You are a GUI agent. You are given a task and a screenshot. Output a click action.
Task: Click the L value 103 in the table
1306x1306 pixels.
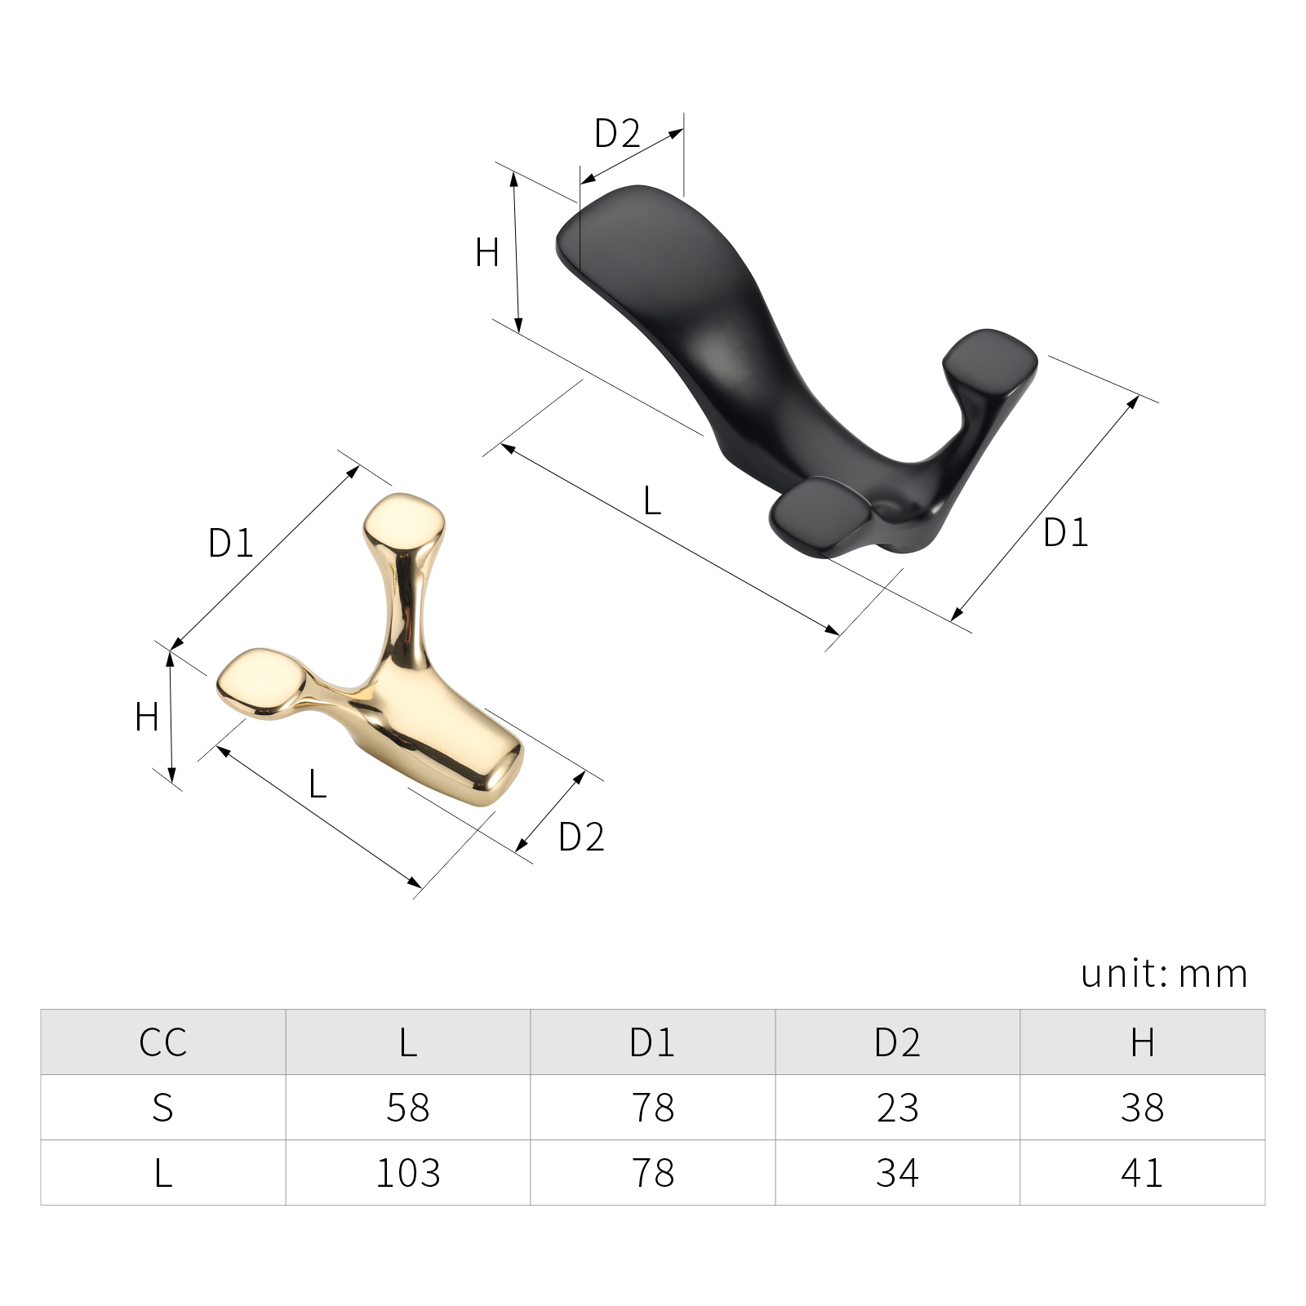point(408,1173)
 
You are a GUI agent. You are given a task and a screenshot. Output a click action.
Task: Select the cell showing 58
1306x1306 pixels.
point(408,1108)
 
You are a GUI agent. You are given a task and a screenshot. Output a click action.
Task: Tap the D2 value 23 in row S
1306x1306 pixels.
point(898,1108)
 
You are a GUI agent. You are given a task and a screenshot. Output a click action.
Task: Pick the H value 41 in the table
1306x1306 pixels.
point(1142,1173)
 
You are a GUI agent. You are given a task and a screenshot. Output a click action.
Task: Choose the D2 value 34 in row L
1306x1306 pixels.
point(898,1173)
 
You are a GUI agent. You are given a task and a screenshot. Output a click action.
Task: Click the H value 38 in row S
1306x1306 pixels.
point(1142,1108)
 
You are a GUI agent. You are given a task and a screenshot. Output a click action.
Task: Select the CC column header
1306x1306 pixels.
point(163,1042)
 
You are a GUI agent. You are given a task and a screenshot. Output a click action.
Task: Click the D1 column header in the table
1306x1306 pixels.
point(652,1042)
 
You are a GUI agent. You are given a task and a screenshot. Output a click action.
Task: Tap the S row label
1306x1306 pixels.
point(163,1108)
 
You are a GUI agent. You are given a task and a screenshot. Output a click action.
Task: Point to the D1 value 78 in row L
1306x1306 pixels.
point(653,1173)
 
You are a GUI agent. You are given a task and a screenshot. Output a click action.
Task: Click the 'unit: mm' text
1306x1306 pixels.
point(1165,973)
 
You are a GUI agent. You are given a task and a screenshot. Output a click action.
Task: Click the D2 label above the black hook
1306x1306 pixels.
point(617,133)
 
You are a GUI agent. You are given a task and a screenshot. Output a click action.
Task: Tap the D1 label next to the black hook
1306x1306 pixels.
point(1066,532)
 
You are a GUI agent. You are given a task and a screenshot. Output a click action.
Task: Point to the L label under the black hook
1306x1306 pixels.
point(651,500)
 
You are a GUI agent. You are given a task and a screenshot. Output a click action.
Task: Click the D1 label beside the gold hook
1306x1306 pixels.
point(231,543)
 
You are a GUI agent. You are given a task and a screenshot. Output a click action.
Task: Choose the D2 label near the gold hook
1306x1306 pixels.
point(581,837)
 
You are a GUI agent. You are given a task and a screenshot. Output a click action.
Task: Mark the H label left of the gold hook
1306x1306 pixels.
point(147,717)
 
